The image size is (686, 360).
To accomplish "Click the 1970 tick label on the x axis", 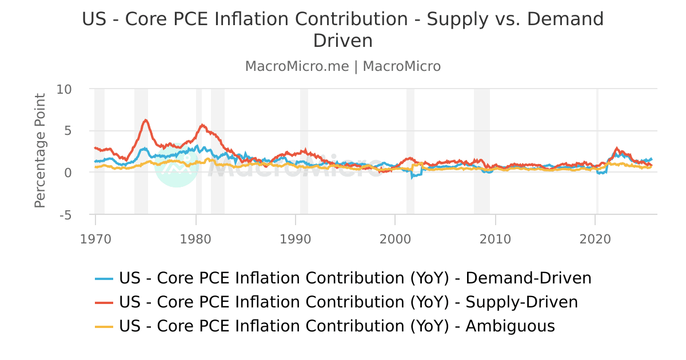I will click(x=95, y=238).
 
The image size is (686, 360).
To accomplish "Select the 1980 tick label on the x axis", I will click(x=196, y=238).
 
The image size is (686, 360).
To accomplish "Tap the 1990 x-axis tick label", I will click(x=296, y=238).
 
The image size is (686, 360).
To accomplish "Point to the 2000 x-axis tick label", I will click(x=396, y=238).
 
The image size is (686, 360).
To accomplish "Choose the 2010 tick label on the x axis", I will click(x=496, y=238).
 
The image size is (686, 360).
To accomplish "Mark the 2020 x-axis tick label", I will click(x=596, y=238).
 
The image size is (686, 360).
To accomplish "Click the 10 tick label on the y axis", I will click(x=64, y=89).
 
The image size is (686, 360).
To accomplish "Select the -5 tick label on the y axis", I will click(x=66, y=215).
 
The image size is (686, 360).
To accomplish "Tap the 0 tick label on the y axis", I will click(x=68, y=173).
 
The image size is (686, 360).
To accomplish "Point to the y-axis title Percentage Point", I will click(x=39, y=151).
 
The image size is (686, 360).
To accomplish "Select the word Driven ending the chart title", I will click(x=343, y=41).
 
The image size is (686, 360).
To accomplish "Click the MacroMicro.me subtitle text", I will click(x=297, y=66).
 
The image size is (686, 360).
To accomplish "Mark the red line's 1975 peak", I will click(x=146, y=120).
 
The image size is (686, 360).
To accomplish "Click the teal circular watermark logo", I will click(x=177, y=165).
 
